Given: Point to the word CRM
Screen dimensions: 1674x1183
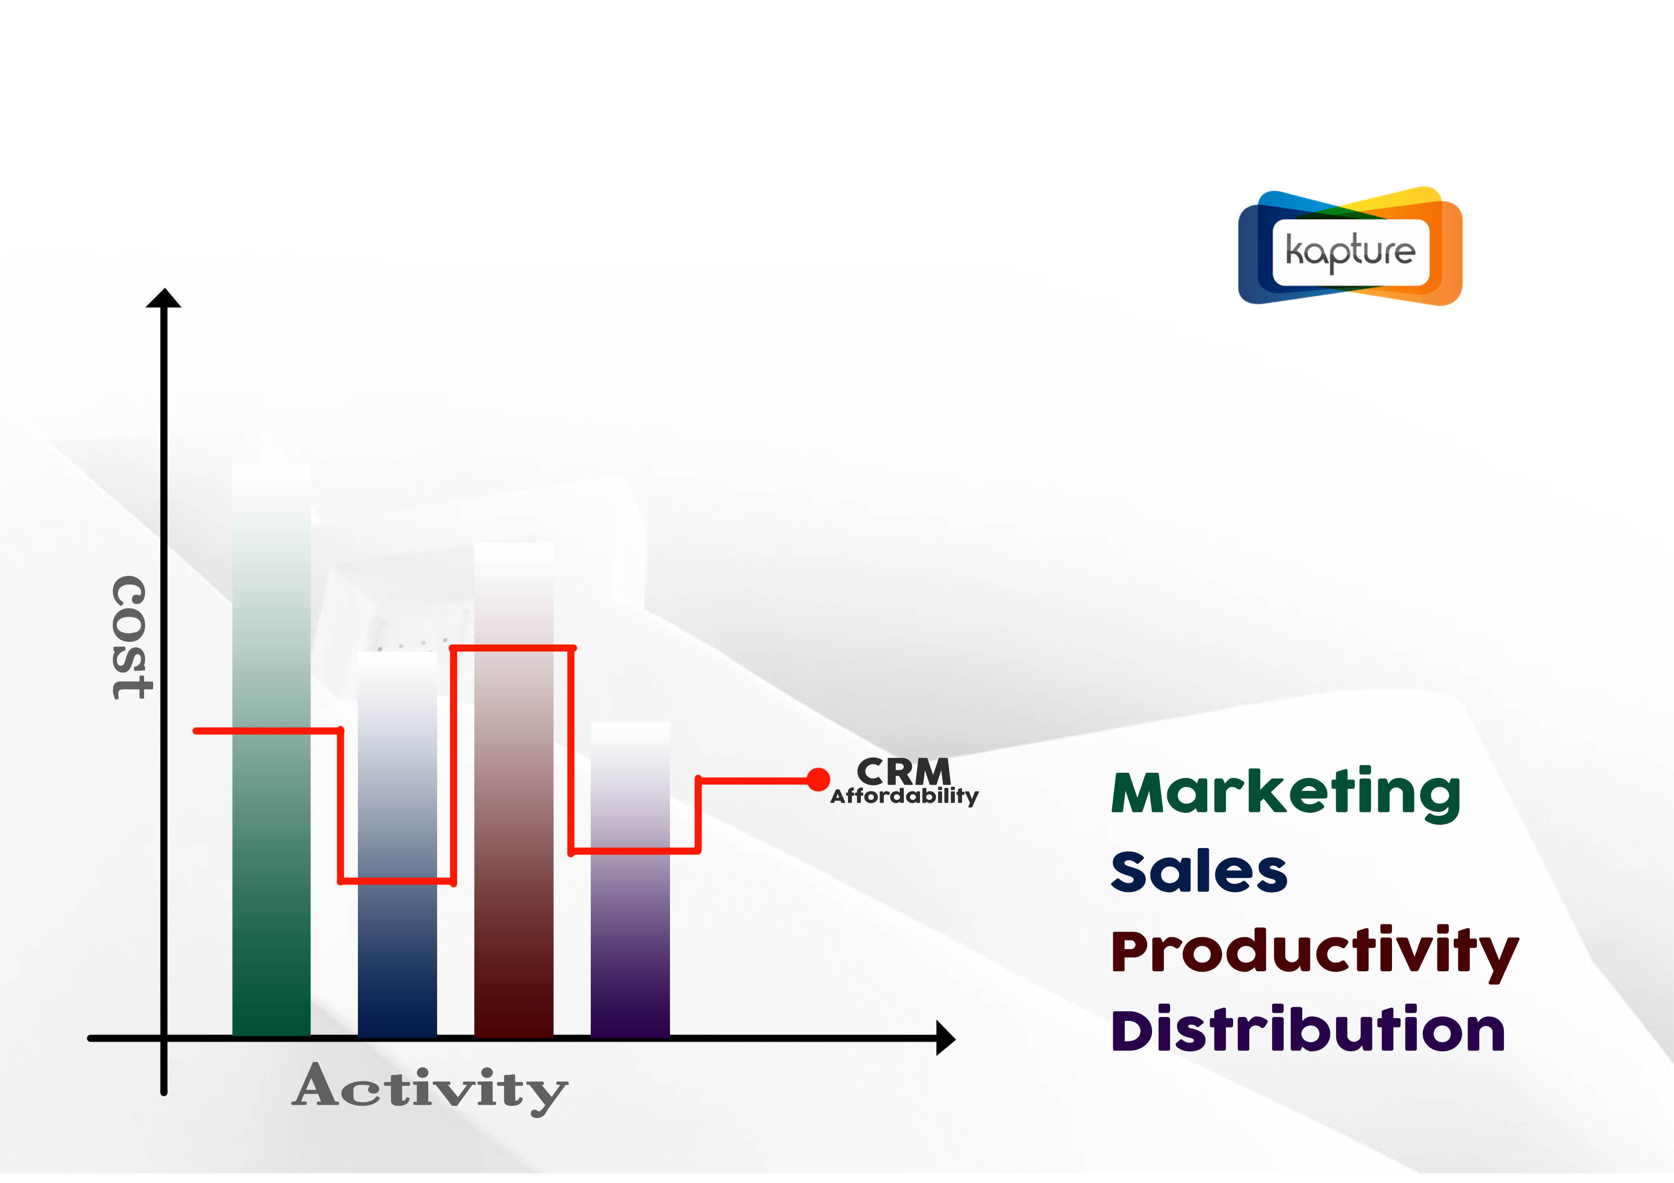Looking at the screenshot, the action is click(904, 771).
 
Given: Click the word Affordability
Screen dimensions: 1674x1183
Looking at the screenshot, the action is click(904, 796).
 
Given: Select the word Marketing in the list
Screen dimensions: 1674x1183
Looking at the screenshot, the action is click(1286, 795).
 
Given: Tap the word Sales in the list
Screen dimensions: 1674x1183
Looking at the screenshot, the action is click(1199, 872).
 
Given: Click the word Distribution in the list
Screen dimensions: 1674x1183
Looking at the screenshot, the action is click(1308, 1029).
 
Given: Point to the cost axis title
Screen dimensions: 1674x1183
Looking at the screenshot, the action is click(132, 638).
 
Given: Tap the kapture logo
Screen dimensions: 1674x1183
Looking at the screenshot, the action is click(1350, 246).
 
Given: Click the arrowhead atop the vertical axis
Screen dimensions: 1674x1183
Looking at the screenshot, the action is click(163, 298).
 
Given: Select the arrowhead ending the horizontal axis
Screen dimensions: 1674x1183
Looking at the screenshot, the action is click(946, 1038).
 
